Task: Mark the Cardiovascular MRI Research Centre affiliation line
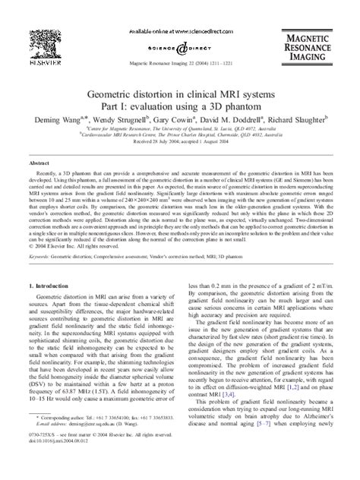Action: [x=179, y=138]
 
